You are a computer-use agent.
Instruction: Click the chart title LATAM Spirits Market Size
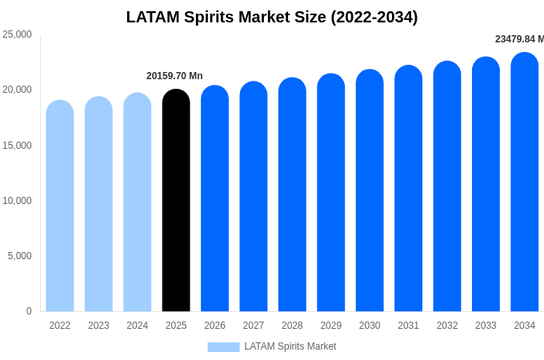tap(272, 17)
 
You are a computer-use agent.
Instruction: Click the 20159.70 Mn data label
tap(174, 76)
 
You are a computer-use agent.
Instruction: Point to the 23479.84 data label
tap(519, 39)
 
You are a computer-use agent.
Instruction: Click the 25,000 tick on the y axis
tap(18, 34)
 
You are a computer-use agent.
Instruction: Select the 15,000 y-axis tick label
tap(18, 146)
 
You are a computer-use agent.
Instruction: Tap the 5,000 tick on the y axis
tap(20, 256)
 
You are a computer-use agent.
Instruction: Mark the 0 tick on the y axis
tap(29, 311)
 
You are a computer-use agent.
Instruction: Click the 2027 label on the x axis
tap(254, 326)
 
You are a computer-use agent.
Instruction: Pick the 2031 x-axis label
tap(408, 326)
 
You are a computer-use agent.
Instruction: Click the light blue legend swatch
tap(223, 346)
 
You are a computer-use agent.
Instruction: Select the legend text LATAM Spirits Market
tap(290, 346)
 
